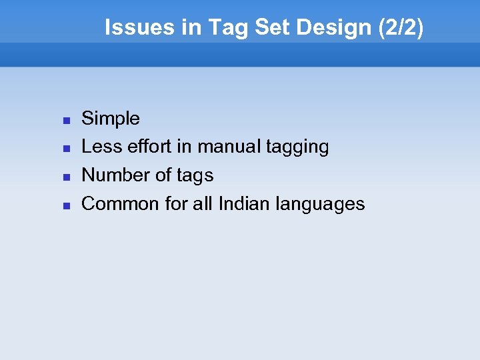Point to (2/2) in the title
[399, 27]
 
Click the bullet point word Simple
[111, 119]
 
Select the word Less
[97, 147]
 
